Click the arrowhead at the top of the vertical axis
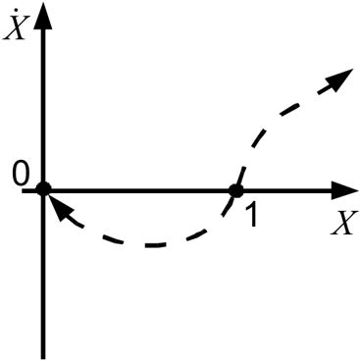(43, 17)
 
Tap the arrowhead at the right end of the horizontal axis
(344, 190)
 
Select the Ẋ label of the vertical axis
(14, 26)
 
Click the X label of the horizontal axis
(342, 223)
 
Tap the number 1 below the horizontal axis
(251, 214)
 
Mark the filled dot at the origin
(43, 189)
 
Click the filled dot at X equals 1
(235, 190)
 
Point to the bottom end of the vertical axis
(43, 359)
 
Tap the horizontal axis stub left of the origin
(28, 190)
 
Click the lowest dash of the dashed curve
(156, 245)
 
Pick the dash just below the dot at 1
(227, 208)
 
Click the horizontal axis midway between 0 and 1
(139, 190)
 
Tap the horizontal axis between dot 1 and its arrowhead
(287, 190)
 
